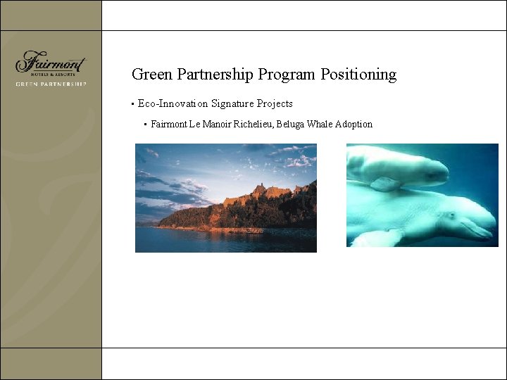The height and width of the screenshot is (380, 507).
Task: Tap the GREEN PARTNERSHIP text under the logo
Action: [51, 84]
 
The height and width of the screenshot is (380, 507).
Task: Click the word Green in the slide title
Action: [151, 75]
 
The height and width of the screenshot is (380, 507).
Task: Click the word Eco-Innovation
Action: [173, 104]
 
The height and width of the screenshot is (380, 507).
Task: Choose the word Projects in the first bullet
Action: [275, 104]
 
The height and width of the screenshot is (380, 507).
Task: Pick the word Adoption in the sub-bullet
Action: [353, 125]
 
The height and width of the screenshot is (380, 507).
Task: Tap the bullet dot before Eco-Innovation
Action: [132, 105]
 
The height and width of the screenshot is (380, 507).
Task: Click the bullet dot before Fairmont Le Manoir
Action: [145, 125]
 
